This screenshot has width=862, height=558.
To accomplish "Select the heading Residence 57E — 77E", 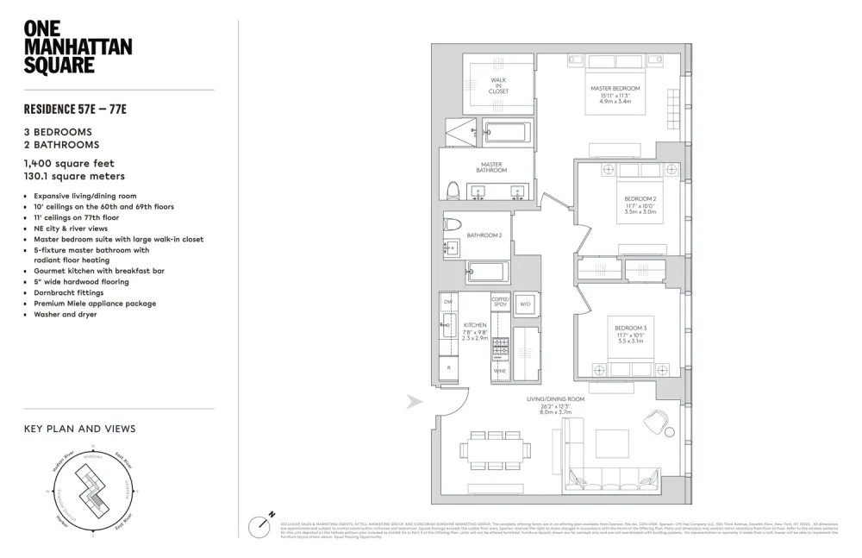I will [81, 110].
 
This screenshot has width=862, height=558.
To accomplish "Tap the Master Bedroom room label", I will [615, 89].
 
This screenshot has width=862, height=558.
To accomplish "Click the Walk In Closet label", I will [498, 85].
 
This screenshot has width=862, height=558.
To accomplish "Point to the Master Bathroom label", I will [491, 167].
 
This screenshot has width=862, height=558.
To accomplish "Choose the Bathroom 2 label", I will [484, 235].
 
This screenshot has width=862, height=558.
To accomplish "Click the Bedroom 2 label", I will [640, 199].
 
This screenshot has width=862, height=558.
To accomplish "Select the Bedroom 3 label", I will [630, 328].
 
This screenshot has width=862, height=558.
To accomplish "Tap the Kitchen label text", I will [475, 325].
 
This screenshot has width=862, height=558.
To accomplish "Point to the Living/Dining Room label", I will [555, 399].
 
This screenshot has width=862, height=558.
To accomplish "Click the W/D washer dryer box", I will [525, 304].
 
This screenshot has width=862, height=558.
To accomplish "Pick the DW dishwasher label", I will [448, 302].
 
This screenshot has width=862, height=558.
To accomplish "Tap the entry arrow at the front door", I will [415, 401].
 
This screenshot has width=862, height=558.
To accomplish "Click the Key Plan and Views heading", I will [79, 429].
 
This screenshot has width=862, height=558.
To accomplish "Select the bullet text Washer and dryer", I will [66, 314].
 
